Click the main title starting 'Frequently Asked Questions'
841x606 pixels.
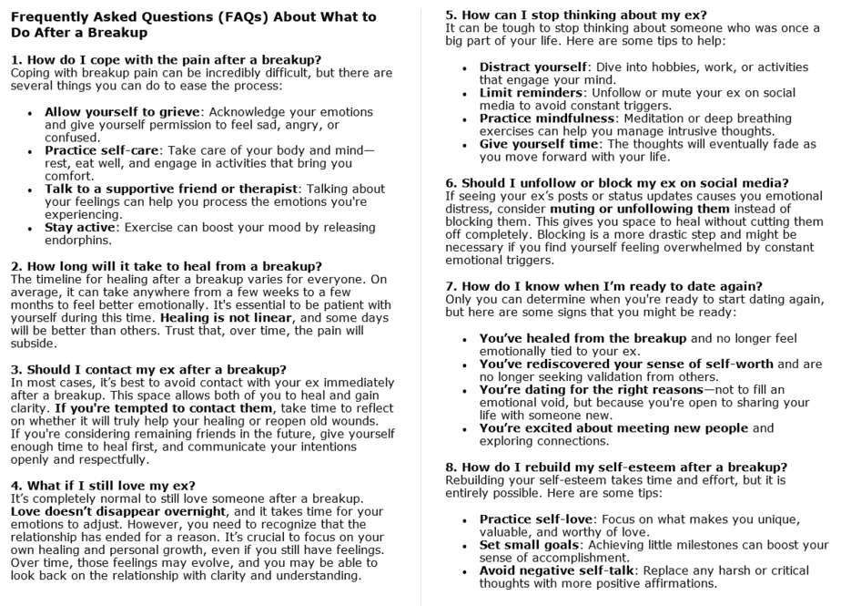point(194,26)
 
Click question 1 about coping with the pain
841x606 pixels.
point(167,59)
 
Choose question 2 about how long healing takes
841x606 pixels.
point(167,266)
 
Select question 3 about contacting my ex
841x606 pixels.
point(149,369)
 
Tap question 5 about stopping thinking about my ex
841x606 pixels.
point(575,15)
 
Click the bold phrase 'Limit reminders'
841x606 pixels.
point(532,93)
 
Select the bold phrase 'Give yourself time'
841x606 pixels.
point(541,144)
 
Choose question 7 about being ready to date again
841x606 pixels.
point(603,285)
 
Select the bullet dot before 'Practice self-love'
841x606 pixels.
point(466,519)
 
